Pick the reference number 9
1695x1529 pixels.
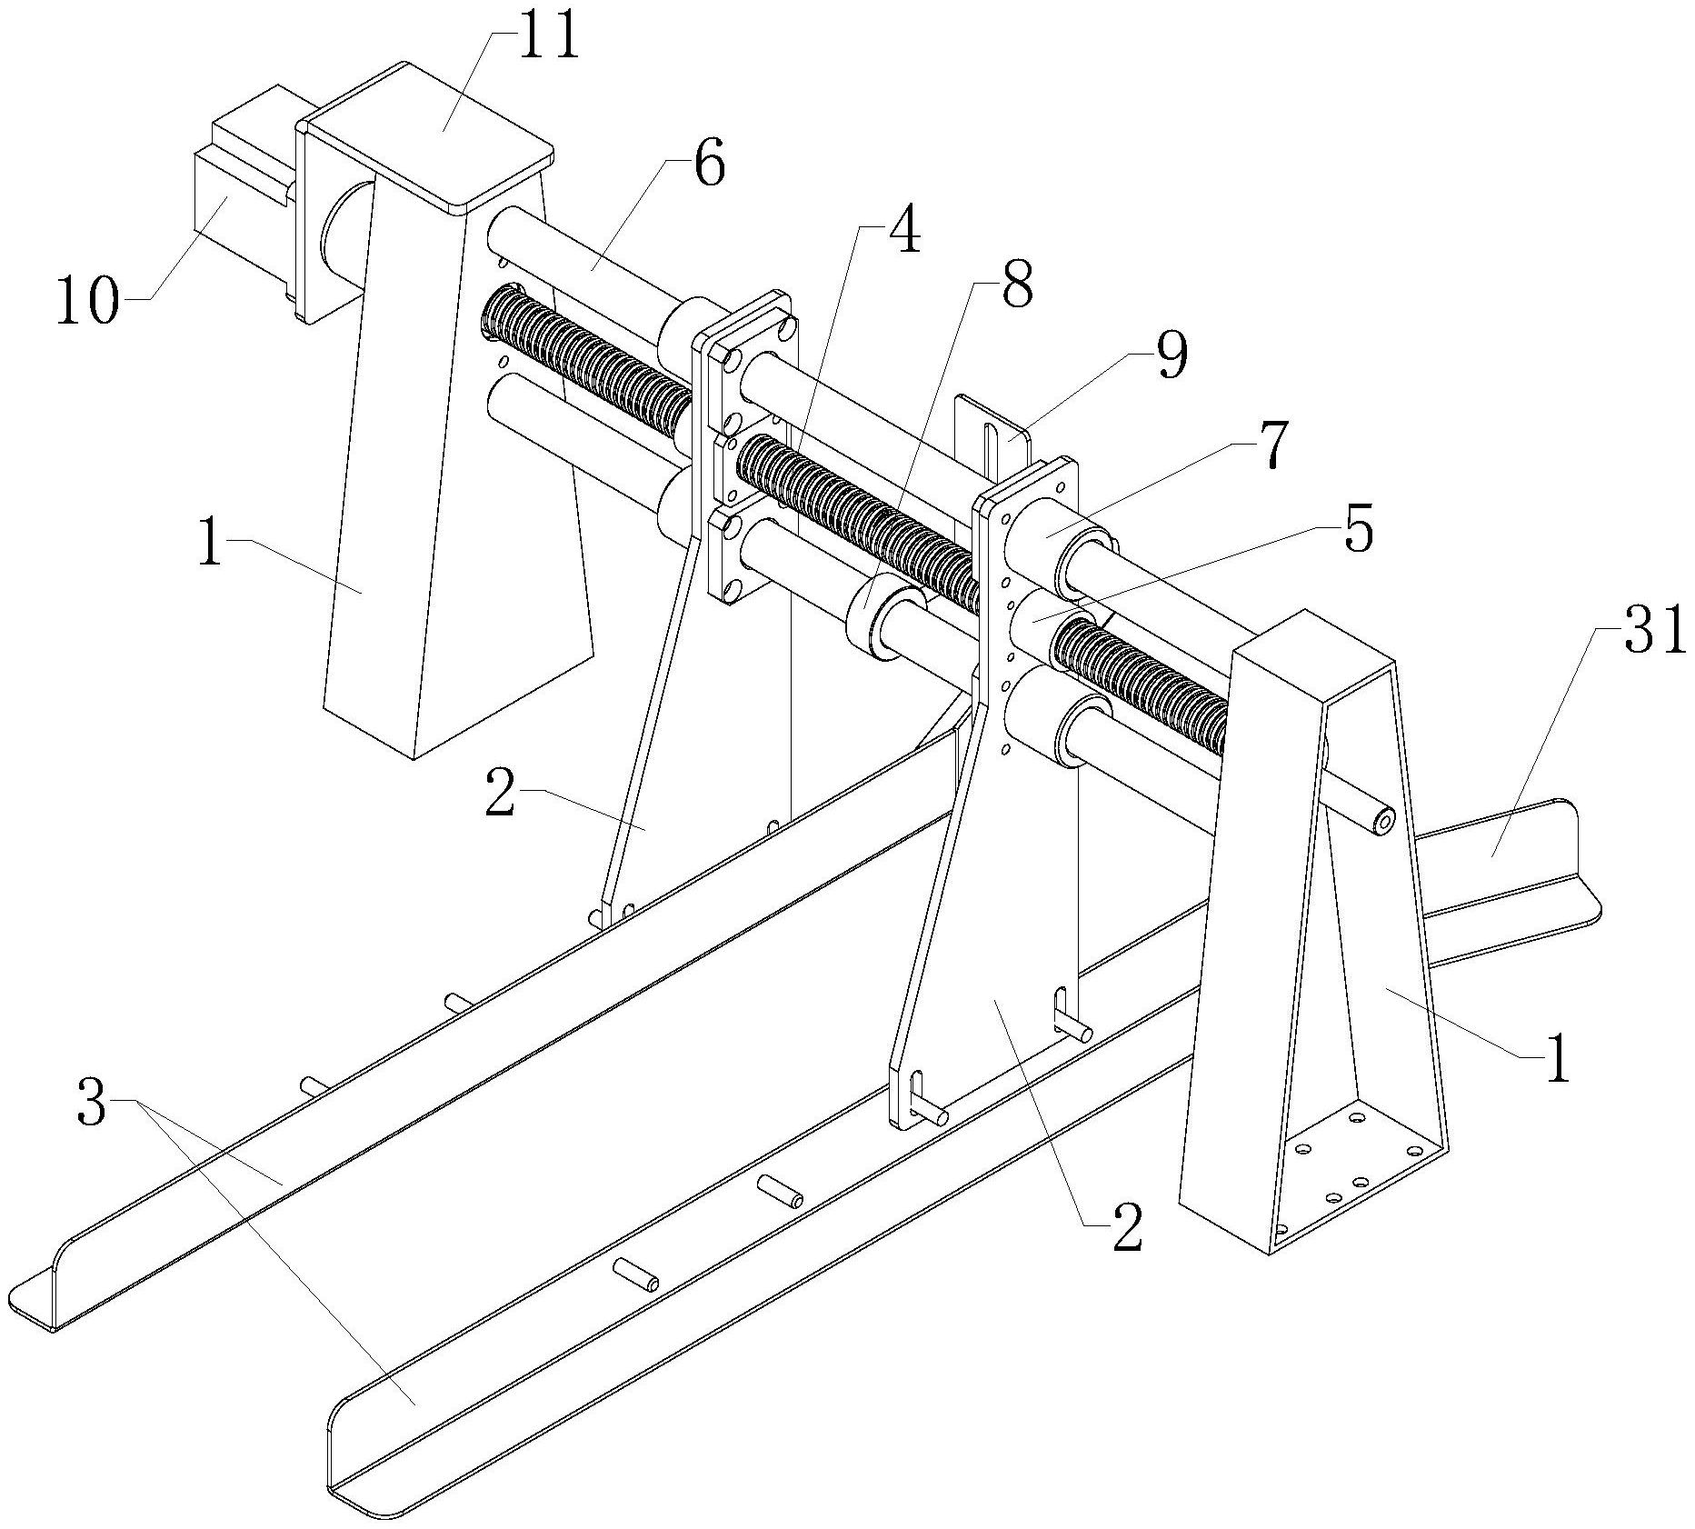coord(1170,356)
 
